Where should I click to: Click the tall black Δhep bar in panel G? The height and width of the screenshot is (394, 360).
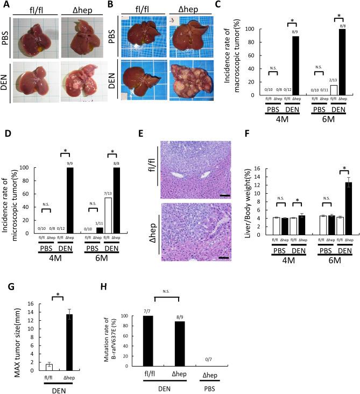(69, 340)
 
